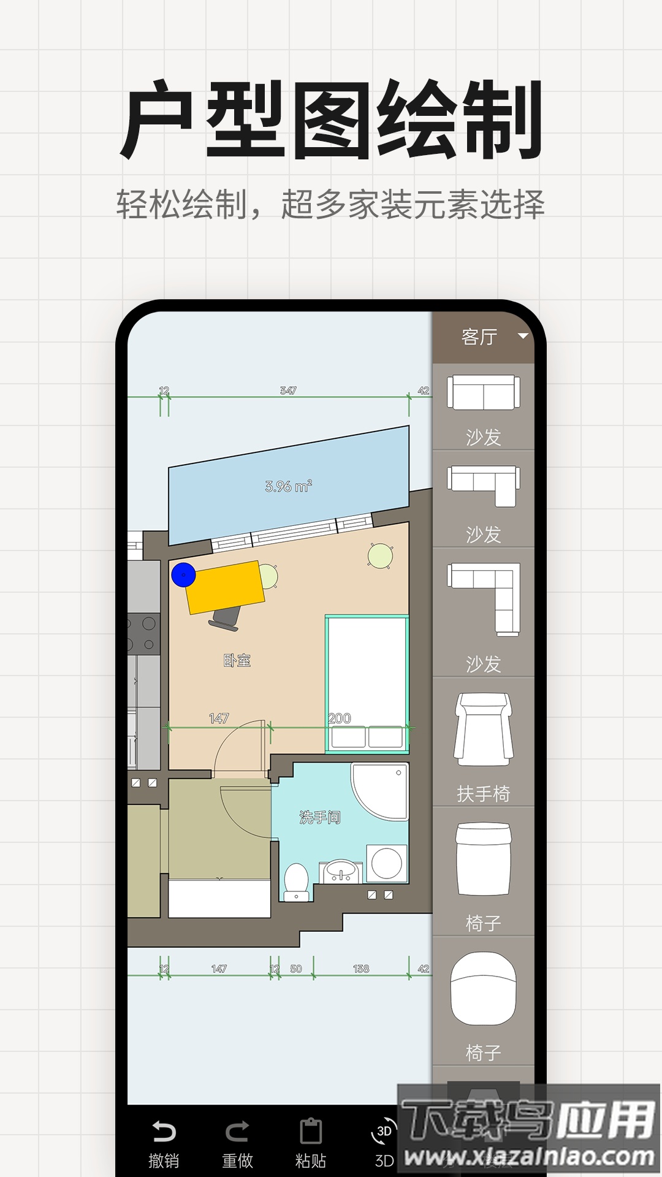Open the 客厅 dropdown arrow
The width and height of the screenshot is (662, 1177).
(x=523, y=336)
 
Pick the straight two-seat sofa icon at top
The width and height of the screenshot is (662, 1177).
(x=483, y=392)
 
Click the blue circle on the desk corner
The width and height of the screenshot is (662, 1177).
(x=183, y=575)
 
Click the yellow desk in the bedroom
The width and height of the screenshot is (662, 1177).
(x=226, y=587)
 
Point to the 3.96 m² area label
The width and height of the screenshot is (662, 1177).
(x=288, y=486)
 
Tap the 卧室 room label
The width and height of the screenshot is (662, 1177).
(x=237, y=660)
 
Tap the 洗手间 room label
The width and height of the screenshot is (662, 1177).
(x=319, y=817)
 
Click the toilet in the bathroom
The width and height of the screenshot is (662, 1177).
(x=297, y=881)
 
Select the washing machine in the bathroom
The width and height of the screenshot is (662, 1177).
(x=387, y=863)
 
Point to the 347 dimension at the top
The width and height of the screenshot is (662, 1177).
(x=288, y=390)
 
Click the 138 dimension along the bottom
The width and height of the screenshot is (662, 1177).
(x=361, y=969)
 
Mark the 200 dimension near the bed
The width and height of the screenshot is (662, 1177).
(x=340, y=718)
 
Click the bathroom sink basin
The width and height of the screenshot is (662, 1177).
(x=341, y=870)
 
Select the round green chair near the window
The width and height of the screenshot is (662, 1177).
(x=380, y=556)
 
